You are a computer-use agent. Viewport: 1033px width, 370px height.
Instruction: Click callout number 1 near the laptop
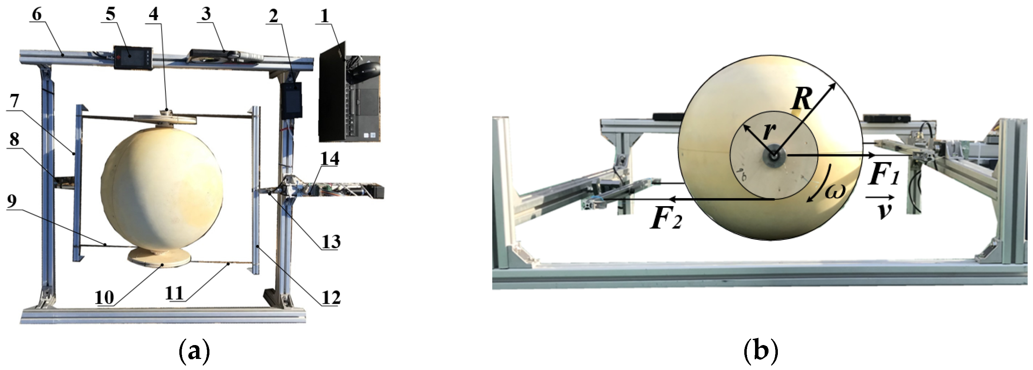324,16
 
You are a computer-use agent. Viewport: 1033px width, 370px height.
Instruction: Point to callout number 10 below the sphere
104,298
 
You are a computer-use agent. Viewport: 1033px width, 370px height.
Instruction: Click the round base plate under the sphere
159,257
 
